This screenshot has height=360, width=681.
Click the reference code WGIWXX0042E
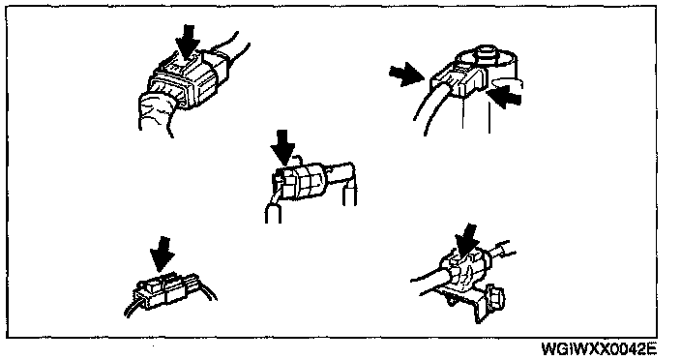click(599, 348)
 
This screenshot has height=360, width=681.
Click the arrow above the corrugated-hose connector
click(188, 42)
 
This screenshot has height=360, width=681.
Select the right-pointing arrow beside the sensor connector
click(407, 73)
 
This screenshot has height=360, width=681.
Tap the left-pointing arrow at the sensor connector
click(504, 97)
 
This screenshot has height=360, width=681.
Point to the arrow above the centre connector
click(282, 148)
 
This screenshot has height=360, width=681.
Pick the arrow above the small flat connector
click(162, 255)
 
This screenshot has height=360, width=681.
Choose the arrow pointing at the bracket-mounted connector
click(467, 241)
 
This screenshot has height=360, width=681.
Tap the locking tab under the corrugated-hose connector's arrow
click(184, 66)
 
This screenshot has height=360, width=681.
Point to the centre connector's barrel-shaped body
click(300, 182)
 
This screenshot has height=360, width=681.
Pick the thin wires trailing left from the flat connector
click(133, 305)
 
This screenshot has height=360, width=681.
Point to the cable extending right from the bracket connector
click(504, 252)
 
